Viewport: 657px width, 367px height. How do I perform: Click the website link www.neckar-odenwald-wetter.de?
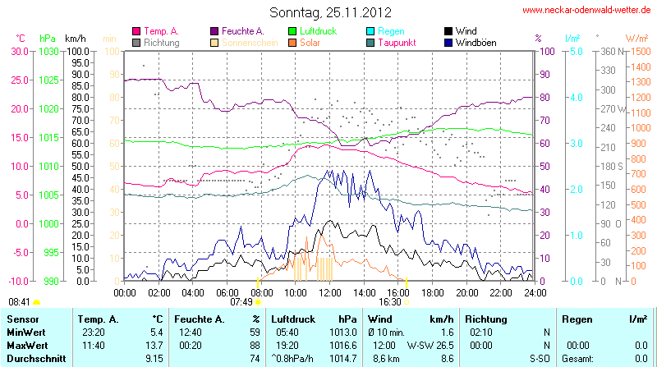(x=586, y=11)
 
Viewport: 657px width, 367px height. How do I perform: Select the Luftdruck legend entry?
(x=315, y=31)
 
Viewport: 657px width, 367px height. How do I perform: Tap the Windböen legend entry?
(x=475, y=42)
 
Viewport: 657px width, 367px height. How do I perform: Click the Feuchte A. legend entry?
(x=241, y=31)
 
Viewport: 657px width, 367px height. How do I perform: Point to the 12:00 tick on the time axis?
(x=330, y=292)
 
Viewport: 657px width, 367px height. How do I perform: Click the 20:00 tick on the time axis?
(x=467, y=292)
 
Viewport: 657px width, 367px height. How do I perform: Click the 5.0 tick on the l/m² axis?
(x=577, y=51)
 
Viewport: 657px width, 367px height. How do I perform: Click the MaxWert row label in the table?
(x=27, y=345)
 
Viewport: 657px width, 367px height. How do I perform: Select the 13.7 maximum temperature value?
(x=154, y=345)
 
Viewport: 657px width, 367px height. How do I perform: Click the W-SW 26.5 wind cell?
(x=430, y=345)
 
